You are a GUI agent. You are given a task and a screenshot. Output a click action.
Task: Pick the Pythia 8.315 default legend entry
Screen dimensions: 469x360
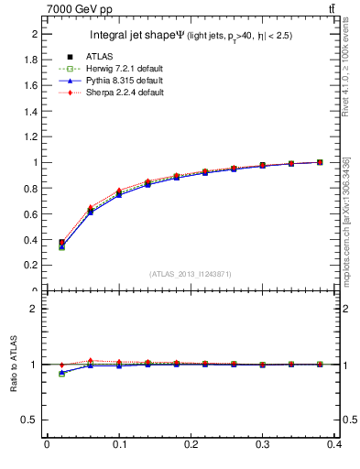click(113, 82)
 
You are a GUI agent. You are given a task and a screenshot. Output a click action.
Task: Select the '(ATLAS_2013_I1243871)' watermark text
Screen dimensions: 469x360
click(191, 274)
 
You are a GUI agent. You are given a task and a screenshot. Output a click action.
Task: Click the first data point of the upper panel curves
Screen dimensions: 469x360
click(61, 245)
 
